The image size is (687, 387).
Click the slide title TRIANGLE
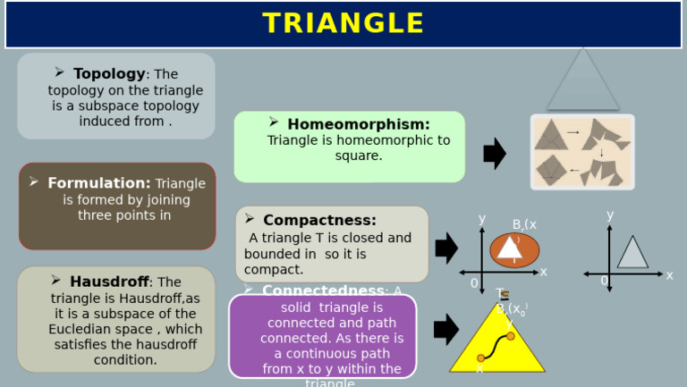(343, 24)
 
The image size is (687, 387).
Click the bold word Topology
(109, 74)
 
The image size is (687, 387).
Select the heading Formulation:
(99, 183)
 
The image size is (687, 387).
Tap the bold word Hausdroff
(109, 282)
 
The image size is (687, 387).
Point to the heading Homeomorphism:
(358, 124)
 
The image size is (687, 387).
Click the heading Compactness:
(319, 220)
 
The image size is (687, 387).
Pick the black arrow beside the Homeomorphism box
(495, 154)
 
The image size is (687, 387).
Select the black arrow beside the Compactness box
(446, 248)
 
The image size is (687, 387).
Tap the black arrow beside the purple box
(446, 329)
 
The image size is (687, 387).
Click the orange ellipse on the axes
(514, 250)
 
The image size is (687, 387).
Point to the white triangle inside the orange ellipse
(510, 248)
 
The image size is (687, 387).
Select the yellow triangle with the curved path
(496, 344)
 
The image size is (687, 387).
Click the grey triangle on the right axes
(632, 255)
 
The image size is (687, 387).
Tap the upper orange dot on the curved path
(511, 336)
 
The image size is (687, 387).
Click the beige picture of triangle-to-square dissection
(582, 152)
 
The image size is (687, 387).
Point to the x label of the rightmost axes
(669, 275)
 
